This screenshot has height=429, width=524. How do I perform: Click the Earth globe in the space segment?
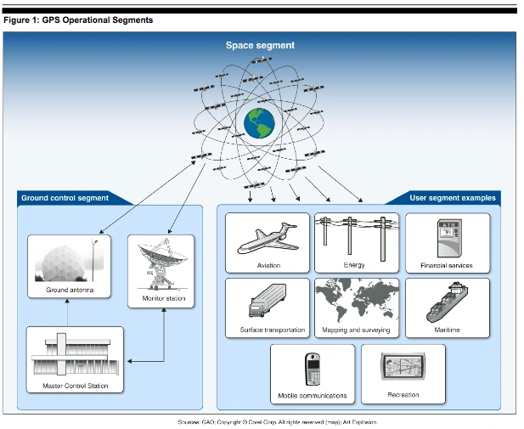click(261, 124)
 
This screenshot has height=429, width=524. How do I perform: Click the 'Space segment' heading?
click(260, 45)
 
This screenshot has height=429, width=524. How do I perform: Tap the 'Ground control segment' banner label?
click(65, 198)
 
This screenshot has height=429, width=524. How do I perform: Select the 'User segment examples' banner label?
click(453, 198)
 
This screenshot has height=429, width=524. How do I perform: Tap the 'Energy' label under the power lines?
click(354, 265)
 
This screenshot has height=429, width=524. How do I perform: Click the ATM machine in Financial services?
click(447, 238)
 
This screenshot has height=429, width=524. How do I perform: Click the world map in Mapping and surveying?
click(357, 302)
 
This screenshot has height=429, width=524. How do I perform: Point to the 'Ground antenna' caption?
click(70, 291)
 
